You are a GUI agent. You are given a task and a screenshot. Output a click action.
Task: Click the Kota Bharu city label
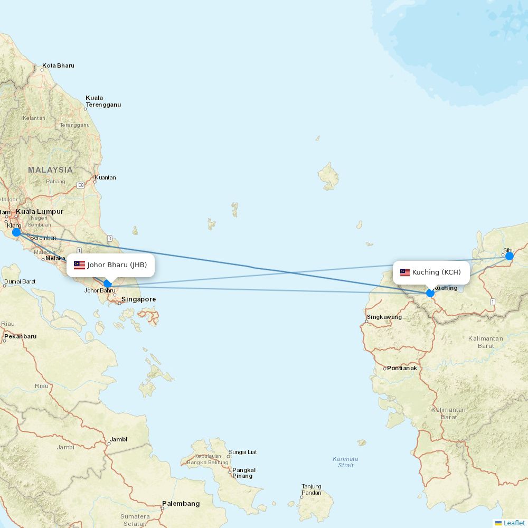tap(58, 66)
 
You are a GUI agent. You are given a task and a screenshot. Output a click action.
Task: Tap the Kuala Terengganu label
tap(103, 101)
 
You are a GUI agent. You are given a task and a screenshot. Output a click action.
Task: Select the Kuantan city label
tap(106, 178)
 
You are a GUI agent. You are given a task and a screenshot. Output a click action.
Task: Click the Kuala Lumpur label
tap(40, 212)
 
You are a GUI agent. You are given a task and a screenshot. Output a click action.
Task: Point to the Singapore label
tap(138, 299)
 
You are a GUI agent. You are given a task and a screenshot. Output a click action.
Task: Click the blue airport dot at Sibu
tap(510, 256)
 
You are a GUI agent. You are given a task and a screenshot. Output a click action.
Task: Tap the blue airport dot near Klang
tap(16, 232)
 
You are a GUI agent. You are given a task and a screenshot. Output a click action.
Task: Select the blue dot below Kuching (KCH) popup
tap(430, 293)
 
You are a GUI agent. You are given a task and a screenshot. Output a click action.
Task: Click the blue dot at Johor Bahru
tap(108, 284)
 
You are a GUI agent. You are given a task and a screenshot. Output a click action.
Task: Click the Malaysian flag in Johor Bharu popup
tap(80, 265)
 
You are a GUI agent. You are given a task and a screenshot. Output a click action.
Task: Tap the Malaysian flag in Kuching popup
tap(405, 272)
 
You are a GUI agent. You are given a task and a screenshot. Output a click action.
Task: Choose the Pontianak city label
tap(402, 368)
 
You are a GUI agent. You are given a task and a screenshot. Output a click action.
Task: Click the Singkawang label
tap(384, 317)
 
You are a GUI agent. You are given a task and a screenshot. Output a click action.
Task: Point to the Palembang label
tap(181, 504)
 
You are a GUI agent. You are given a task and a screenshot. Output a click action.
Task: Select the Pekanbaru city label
tap(21, 336)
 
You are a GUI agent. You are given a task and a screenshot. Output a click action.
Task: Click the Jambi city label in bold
tap(119, 439)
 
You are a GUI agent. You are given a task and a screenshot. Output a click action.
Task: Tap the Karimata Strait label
tap(345, 462)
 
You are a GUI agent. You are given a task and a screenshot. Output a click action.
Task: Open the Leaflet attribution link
tap(514, 523)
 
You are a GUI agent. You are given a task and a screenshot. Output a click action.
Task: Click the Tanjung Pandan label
tap(312, 490)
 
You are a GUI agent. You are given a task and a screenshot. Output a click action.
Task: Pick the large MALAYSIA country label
tap(51, 170)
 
